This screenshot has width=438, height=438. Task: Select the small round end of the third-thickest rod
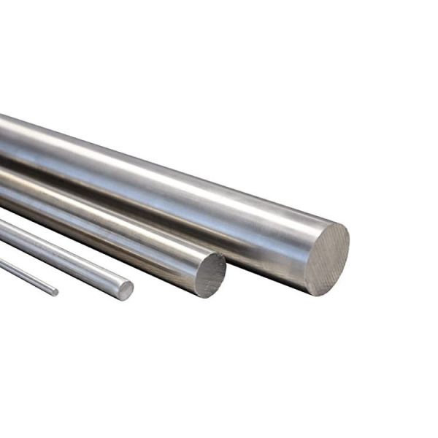[x=125, y=291]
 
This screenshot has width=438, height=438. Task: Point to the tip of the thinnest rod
[x=55, y=292]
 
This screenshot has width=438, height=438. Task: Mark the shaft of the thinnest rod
[x=26, y=274]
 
